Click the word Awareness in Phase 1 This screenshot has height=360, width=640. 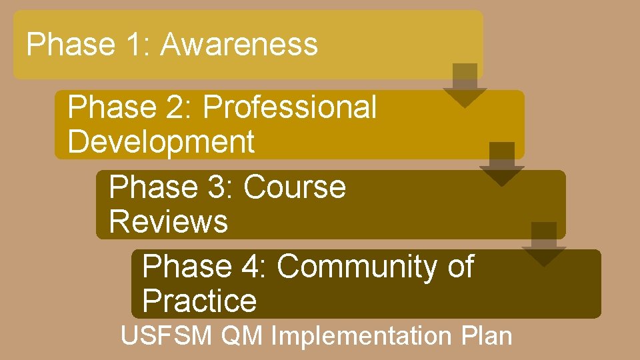tap(239, 45)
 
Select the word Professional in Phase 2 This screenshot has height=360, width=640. tap(290, 107)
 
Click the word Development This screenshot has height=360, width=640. tap(161, 142)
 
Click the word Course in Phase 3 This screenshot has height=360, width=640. tap(295, 187)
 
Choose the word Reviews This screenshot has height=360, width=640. tap(168, 221)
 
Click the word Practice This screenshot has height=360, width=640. tap(199, 301)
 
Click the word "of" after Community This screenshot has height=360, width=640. tap(461, 267)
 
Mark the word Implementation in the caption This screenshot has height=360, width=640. tap(362, 336)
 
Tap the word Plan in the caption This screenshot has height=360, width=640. tap(486, 336)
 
